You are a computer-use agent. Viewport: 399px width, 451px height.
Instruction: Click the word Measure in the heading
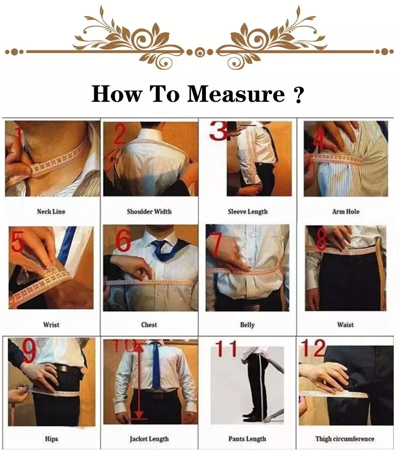tap(236, 95)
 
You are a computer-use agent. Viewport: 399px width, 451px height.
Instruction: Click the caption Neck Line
tap(51, 212)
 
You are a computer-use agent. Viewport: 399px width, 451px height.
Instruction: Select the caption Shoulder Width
tap(149, 212)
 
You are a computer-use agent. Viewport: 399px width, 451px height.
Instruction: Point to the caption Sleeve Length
tap(247, 212)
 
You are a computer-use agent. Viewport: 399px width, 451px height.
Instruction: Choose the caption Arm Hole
tap(346, 212)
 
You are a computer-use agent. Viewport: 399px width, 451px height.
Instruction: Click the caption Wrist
tap(51, 325)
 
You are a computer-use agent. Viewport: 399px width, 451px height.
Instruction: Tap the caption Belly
tap(247, 325)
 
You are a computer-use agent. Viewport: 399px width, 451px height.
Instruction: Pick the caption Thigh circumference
tap(345, 439)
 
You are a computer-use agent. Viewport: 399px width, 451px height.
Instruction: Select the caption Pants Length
tap(247, 439)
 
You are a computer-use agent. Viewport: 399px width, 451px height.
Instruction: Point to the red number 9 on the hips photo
tap(29, 351)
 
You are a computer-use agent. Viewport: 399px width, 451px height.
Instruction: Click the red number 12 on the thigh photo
tap(313, 348)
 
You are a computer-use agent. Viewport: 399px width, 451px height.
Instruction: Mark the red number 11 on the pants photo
tap(226, 349)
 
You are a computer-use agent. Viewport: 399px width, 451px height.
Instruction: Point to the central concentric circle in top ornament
tap(199, 52)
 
